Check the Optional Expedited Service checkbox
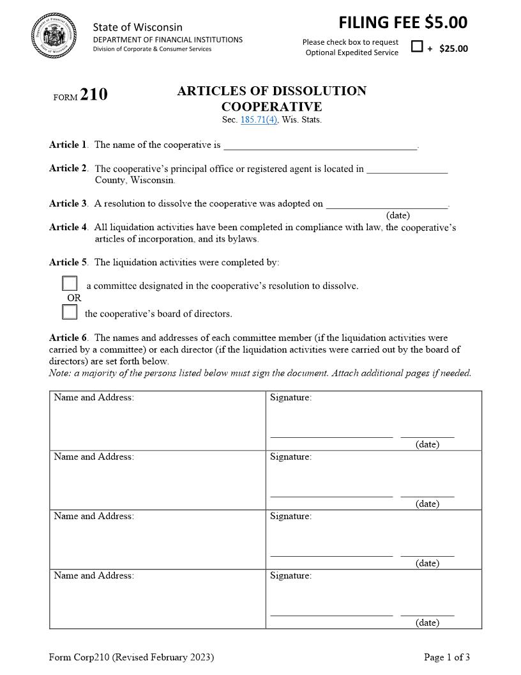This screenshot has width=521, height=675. click(x=417, y=46)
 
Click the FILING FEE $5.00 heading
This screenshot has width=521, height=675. click(x=403, y=23)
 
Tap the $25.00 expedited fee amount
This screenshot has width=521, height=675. click(x=453, y=49)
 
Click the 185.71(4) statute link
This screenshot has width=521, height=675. click(x=259, y=120)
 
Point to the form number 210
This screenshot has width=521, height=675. click(x=94, y=95)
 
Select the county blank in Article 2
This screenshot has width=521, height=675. click(x=407, y=169)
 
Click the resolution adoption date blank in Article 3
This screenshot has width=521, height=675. click(x=387, y=204)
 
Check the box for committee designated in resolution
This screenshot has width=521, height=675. click(x=70, y=284)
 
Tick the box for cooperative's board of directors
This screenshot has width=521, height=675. click(x=70, y=313)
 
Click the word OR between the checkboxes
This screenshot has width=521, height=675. click(x=74, y=298)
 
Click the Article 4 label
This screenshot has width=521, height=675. click(x=68, y=227)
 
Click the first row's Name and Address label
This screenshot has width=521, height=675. click(x=94, y=398)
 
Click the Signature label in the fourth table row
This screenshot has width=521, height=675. click(x=291, y=575)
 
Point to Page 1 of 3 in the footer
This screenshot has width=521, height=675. click(x=447, y=657)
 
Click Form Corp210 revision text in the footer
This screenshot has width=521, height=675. click(x=132, y=657)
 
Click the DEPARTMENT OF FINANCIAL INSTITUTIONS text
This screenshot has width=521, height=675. click(x=168, y=40)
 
